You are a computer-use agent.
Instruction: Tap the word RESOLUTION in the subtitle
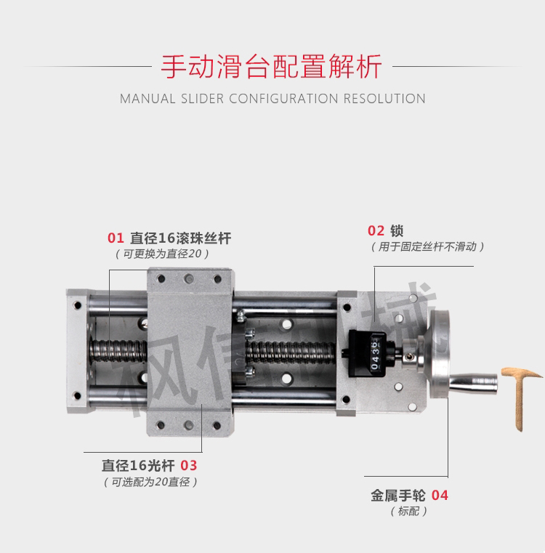coord(384,99)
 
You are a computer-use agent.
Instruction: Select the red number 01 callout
coord(116,238)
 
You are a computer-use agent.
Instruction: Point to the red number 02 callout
coord(376,230)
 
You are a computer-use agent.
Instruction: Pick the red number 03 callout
coord(188,466)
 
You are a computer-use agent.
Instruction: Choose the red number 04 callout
coord(440,496)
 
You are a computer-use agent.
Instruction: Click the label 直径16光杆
coord(139,466)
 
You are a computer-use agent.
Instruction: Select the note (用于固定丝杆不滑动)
coord(427,247)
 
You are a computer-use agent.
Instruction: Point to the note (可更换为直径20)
coord(162,254)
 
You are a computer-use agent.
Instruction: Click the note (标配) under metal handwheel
coord(409,511)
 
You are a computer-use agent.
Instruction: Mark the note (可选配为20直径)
coord(150,482)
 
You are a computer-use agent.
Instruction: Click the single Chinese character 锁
coord(397,230)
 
